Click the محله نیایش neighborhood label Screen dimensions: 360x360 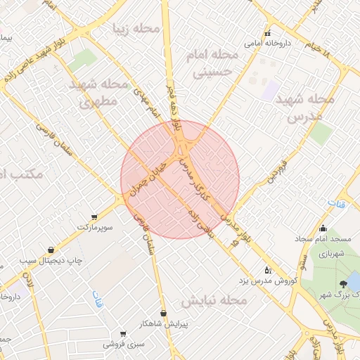[214, 301]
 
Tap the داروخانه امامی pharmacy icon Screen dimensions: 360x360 [267, 33]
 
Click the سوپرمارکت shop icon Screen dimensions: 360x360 [94, 217]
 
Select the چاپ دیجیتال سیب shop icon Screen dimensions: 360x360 [51, 250]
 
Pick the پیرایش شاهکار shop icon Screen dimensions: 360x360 [164, 313]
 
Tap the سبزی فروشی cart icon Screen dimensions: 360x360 [123, 334]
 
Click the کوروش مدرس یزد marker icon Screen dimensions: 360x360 [267, 269]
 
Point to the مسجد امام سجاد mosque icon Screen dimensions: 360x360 [323, 228]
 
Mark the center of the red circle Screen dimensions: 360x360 [180, 179]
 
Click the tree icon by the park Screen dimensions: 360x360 [343, 284]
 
